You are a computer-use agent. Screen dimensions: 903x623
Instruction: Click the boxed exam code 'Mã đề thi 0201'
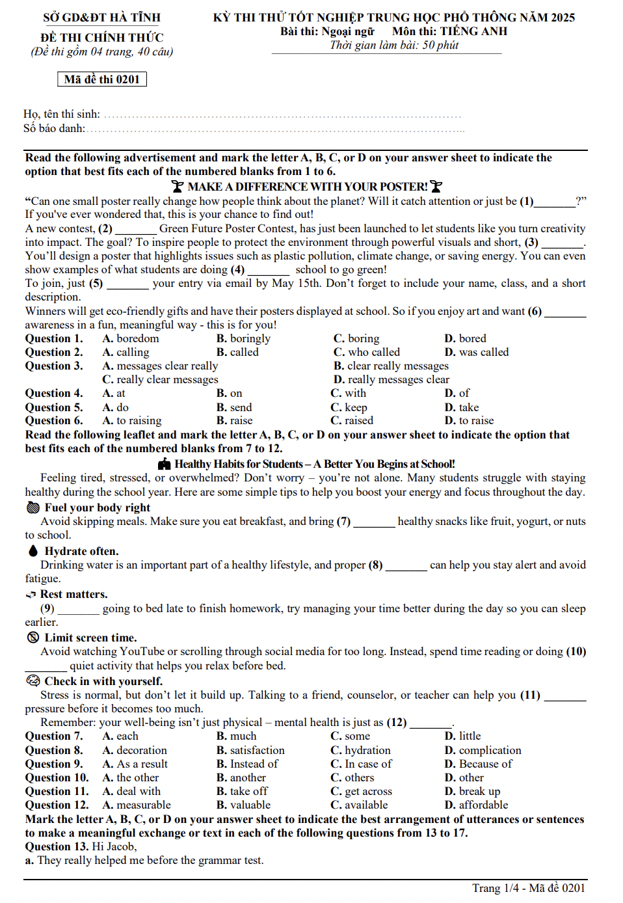click(102, 79)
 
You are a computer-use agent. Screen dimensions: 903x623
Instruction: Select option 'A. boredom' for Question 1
click(130, 338)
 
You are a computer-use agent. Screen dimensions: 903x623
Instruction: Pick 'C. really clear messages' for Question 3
click(160, 379)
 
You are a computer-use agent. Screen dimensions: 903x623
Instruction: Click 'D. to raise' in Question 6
click(469, 420)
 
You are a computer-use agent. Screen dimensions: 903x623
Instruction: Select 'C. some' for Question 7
click(350, 736)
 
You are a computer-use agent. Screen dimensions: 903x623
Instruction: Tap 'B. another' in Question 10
click(241, 777)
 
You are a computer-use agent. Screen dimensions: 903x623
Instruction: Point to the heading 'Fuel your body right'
click(97, 507)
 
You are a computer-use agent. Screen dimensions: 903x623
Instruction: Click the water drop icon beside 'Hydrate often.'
click(33, 551)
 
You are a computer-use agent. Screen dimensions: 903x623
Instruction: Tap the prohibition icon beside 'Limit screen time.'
click(33, 638)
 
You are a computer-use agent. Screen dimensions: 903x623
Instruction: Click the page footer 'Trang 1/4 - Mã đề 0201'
click(528, 888)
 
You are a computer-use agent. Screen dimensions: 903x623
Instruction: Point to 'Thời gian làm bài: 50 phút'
click(394, 45)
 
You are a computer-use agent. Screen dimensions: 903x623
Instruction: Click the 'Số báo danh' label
click(55, 128)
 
